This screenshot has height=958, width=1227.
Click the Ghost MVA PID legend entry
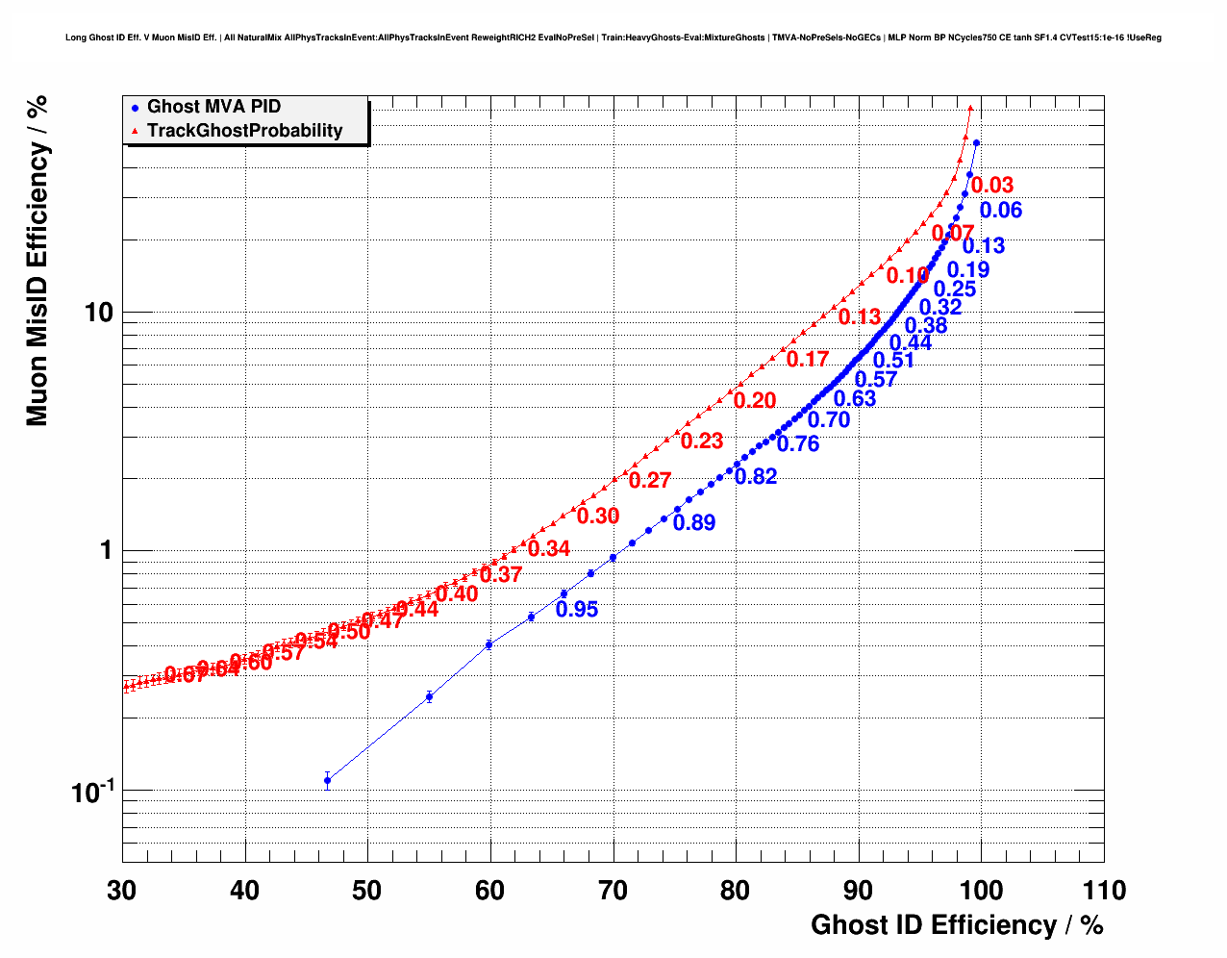(x=213, y=107)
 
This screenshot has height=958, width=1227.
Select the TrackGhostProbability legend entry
(x=244, y=131)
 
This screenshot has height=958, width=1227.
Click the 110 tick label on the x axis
(x=1104, y=891)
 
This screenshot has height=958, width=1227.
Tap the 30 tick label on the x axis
(x=122, y=891)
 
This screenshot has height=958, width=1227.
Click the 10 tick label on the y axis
(x=98, y=313)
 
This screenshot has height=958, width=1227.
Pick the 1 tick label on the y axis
(x=107, y=550)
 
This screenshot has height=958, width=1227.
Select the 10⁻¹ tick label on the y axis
(x=92, y=791)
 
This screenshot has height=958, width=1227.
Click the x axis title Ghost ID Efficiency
(x=957, y=925)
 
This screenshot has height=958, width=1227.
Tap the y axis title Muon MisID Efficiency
(x=37, y=260)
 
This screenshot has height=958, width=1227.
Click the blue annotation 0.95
(x=577, y=610)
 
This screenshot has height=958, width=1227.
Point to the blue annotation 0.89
(x=694, y=523)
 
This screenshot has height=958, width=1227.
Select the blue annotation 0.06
(x=1001, y=211)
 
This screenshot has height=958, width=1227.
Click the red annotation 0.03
(x=992, y=186)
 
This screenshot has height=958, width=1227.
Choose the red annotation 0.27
(x=650, y=481)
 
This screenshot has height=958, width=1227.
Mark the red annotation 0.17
(x=808, y=360)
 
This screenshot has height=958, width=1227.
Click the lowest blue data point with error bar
(x=328, y=780)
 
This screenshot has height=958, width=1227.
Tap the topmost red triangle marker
(x=970, y=109)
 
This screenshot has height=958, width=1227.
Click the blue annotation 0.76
(x=798, y=443)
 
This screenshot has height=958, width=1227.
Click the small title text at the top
(x=613, y=38)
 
